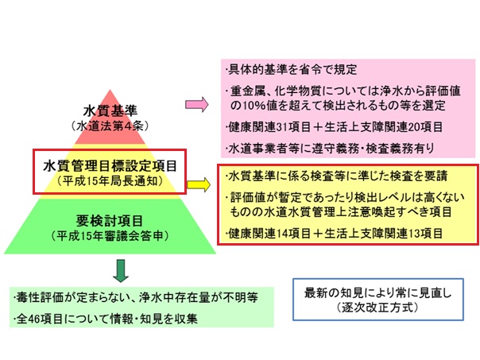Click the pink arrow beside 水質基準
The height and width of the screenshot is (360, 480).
pos(196,104)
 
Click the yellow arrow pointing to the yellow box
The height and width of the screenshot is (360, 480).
pos(199,184)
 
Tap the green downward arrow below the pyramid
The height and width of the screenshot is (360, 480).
pos(121,271)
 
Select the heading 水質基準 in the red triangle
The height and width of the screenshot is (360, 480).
pos(110,110)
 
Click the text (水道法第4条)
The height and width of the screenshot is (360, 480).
pos(110,126)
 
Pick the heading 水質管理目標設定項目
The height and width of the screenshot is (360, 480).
pos(110,166)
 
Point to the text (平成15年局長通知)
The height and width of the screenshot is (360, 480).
pos(110,181)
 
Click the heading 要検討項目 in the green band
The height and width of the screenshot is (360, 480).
pos(110,220)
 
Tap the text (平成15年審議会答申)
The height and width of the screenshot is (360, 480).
pos(110,236)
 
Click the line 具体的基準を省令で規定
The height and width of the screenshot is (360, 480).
pos(291,70)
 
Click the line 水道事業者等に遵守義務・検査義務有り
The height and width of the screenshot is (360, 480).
pos(330,149)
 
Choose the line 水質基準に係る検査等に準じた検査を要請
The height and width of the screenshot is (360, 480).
pos(336,176)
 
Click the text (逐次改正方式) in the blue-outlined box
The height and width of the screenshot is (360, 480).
pos(377,307)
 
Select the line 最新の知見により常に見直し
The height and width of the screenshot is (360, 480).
pos(377,292)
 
